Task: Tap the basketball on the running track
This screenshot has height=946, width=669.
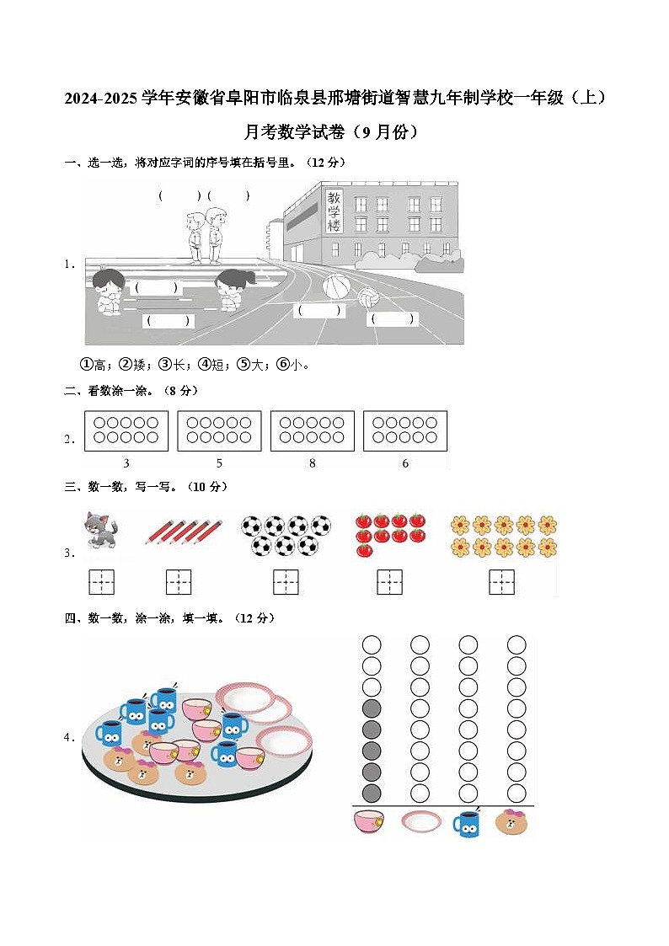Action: click(335, 286)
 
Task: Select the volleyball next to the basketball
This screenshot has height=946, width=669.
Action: click(368, 297)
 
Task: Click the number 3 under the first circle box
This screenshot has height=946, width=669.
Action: click(126, 463)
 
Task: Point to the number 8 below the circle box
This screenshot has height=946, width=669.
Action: click(313, 463)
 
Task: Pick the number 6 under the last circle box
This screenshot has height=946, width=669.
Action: click(405, 463)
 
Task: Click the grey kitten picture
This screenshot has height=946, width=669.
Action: click(100, 531)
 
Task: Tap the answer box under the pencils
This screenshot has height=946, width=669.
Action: click(179, 581)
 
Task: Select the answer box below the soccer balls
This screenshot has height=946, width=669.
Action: click(286, 581)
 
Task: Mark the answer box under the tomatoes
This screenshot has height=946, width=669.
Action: click(389, 581)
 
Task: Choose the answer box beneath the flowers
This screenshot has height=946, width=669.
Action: click(502, 581)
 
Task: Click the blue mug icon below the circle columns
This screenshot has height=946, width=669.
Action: click(468, 822)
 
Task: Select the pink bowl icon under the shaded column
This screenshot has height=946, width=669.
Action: click(371, 821)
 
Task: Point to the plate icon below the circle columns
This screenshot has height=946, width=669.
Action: click(420, 821)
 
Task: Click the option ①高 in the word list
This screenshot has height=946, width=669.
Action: click(94, 365)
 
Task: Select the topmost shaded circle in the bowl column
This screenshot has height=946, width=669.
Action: click(372, 708)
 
